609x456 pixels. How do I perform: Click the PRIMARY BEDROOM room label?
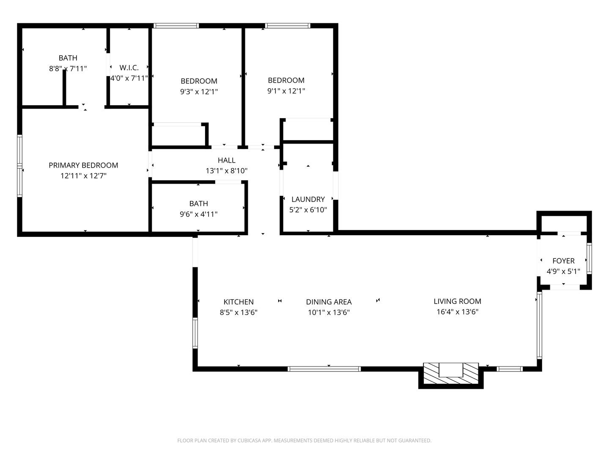tap(83, 165)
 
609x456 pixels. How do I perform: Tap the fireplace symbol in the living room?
tap(451, 373)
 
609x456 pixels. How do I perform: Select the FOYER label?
tap(563, 261)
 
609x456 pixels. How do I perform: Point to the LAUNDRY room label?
tap(308, 199)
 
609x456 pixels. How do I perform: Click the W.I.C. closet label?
tap(129, 68)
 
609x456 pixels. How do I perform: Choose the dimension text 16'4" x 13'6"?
tap(457, 312)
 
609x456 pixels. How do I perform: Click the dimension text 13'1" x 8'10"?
tap(226, 171)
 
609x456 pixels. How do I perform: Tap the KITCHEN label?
tap(239, 302)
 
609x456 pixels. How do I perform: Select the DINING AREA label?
tap(329, 302)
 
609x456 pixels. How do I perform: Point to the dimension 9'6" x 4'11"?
tap(198, 214)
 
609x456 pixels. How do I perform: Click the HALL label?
tap(226, 160)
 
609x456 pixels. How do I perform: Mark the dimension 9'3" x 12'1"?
tap(199, 92)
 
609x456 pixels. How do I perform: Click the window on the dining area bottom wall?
tap(324, 369)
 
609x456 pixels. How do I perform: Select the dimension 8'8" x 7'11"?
tap(68, 68)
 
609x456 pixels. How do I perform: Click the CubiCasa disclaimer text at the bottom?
tap(304, 441)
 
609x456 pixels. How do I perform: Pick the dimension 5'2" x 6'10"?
tap(308, 210)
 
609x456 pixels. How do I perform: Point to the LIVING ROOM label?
tap(457, 301)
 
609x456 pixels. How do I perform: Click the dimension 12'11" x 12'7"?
tap(83, 176)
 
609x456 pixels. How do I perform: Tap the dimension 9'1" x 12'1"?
tap(286, 91)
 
